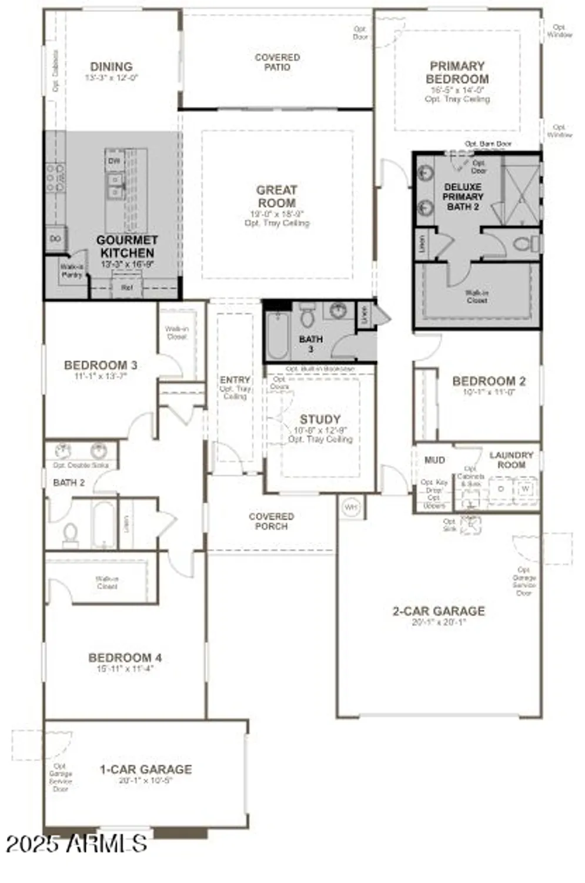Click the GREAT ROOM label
[x=276, y=197]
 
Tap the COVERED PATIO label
[x=277, y=62]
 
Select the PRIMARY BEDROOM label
[x=457, y=72]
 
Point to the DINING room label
[x=111, y=67]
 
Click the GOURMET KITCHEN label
[x=127, y=247]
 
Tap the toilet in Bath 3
[x=308, y=316]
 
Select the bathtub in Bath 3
[x=277, y=334]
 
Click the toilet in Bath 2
[x=71, y=534]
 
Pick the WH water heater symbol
[x=351, y=507]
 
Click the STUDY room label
[x=320, y=419]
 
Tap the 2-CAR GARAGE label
[x=439, y=611]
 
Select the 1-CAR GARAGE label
[x=145, y=769]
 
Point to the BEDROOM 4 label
[x=125, y=658]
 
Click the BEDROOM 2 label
[x=489, y=381]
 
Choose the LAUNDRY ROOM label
[x=511, y=460]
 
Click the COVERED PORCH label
[x=271, y=521]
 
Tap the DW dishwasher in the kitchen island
[x=114, y=160]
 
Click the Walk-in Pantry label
[x=72, y=271]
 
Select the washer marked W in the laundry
[x=525, y=489]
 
